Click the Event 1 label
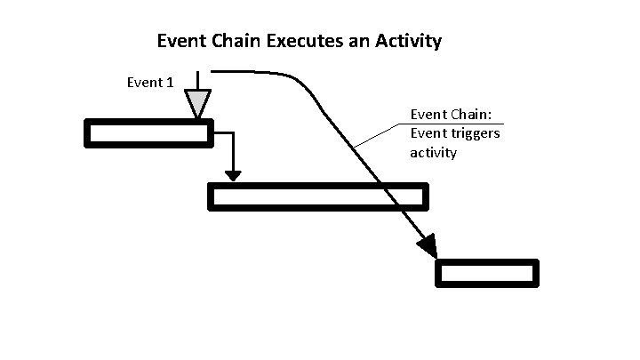[x=150, y=83]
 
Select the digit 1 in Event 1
[x=169, y=83]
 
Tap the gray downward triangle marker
[x=197, y=102]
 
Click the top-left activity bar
[x=148, y=133]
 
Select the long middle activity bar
[x=317, y=196]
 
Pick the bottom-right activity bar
[x=487, y=273]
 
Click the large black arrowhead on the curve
[x=426, y=245]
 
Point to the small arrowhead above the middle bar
[x=233, y=172]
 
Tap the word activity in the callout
[x=433, y=153]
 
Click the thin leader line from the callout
[x=378, y=135]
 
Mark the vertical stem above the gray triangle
[x=197, y=79]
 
